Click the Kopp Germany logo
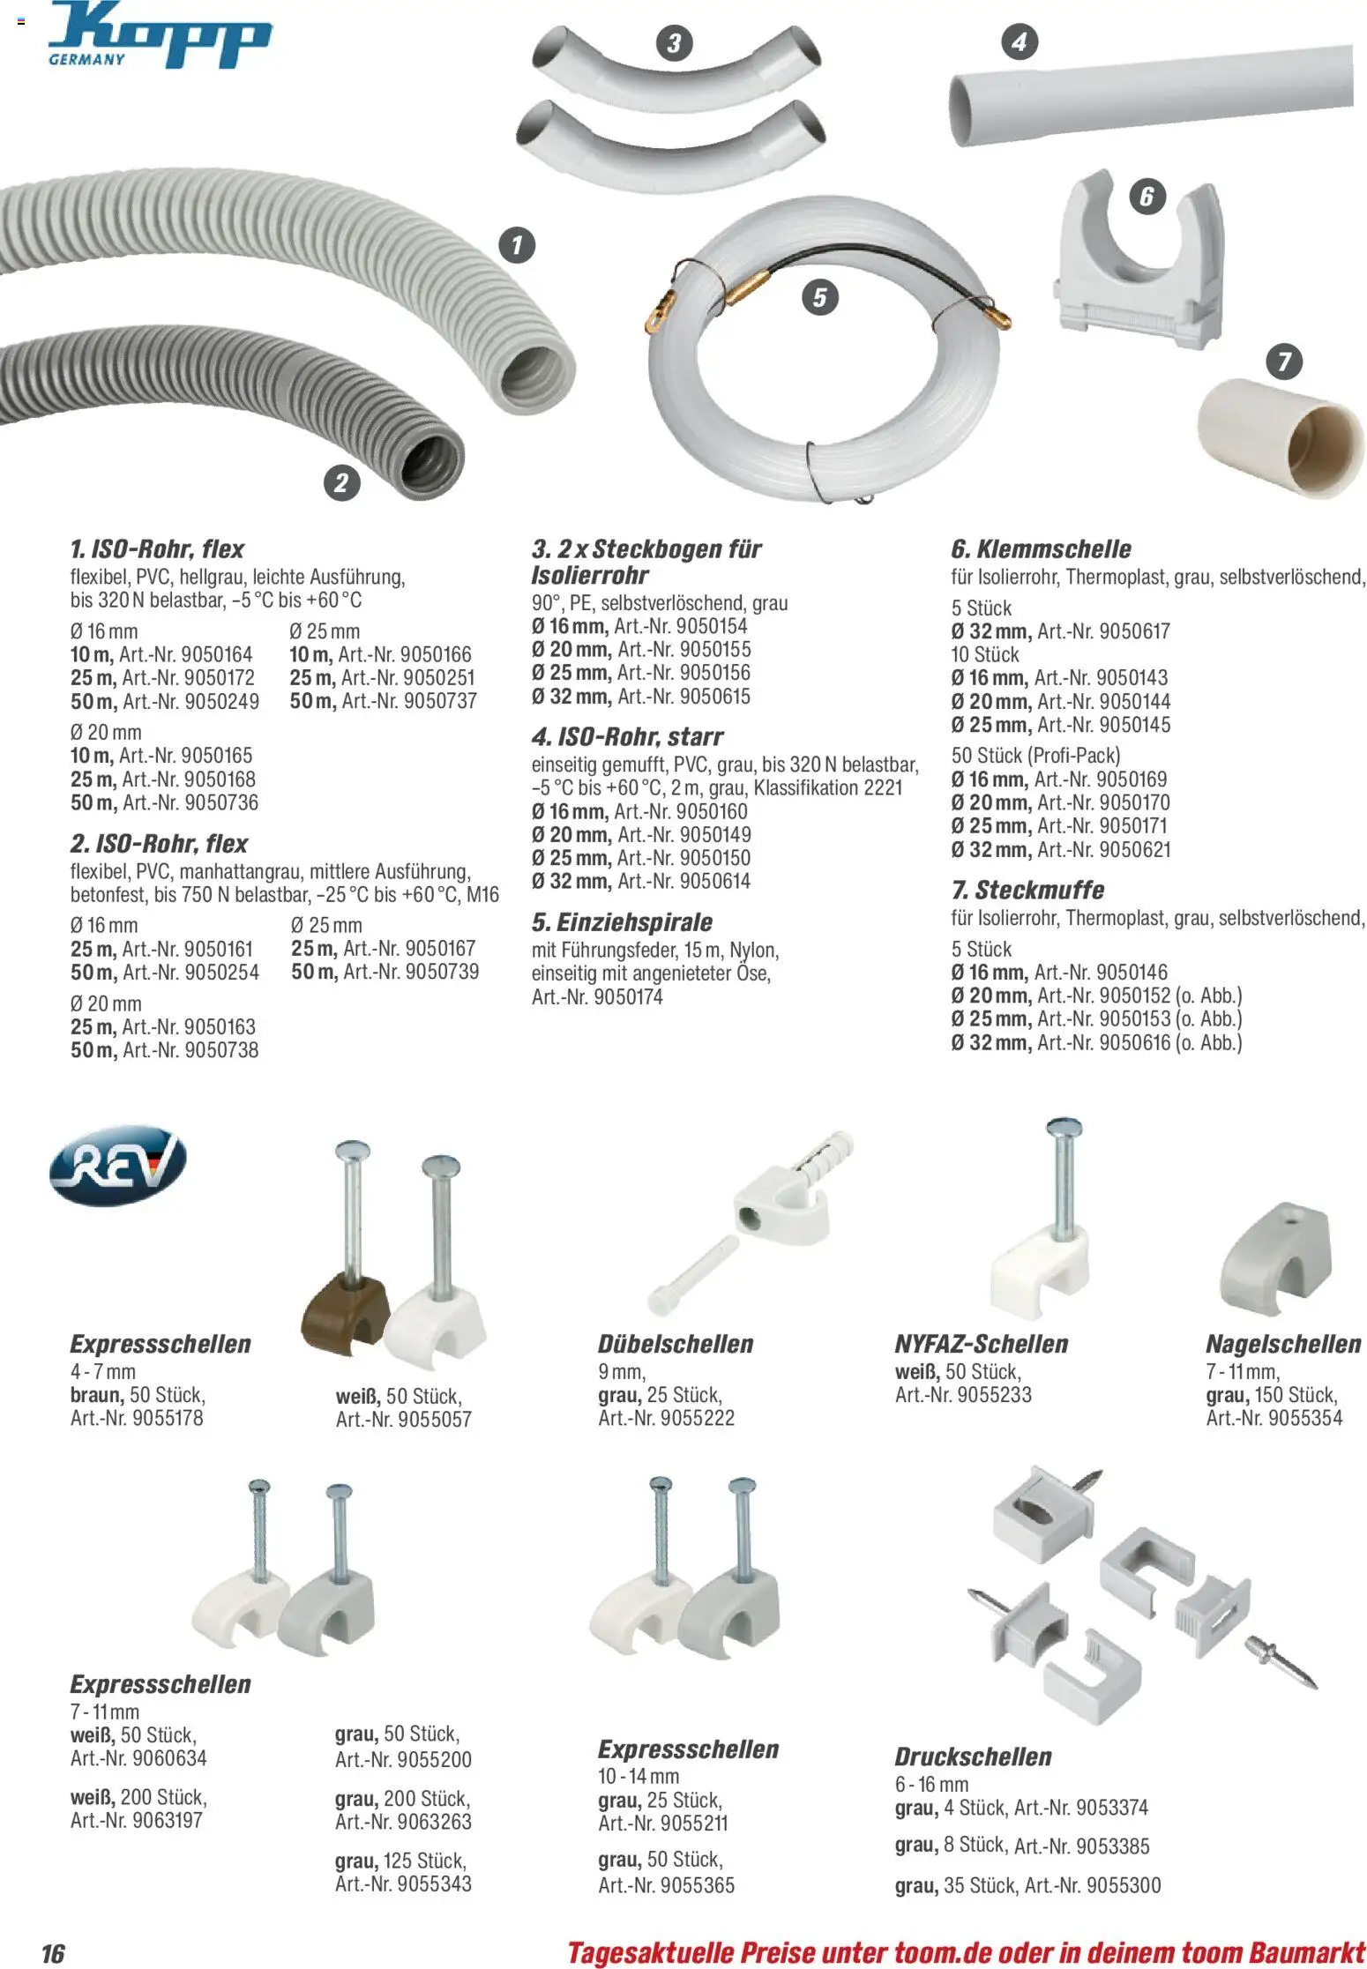(x=160, y=35)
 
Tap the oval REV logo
(x=118, y=1164)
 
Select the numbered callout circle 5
(x=820, y=297)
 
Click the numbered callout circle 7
(x=1284, y=361)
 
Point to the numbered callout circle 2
(x=341, y=482)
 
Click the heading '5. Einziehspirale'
(x=622, y=922)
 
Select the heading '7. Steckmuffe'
(x=1027, y=890)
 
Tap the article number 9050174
(x=629, y=997)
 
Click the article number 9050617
(x=1136, y=631)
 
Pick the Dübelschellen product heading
(x=676, y=1344)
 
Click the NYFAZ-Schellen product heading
(x=982, y=1344)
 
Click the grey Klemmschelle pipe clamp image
(x=1140, y=257)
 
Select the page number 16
(x=53, y=1953)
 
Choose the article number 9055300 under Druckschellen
(x=1124, y=1886)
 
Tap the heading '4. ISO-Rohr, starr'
(x=627, y=736)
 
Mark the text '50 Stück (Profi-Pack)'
(x=1035, y=756)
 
